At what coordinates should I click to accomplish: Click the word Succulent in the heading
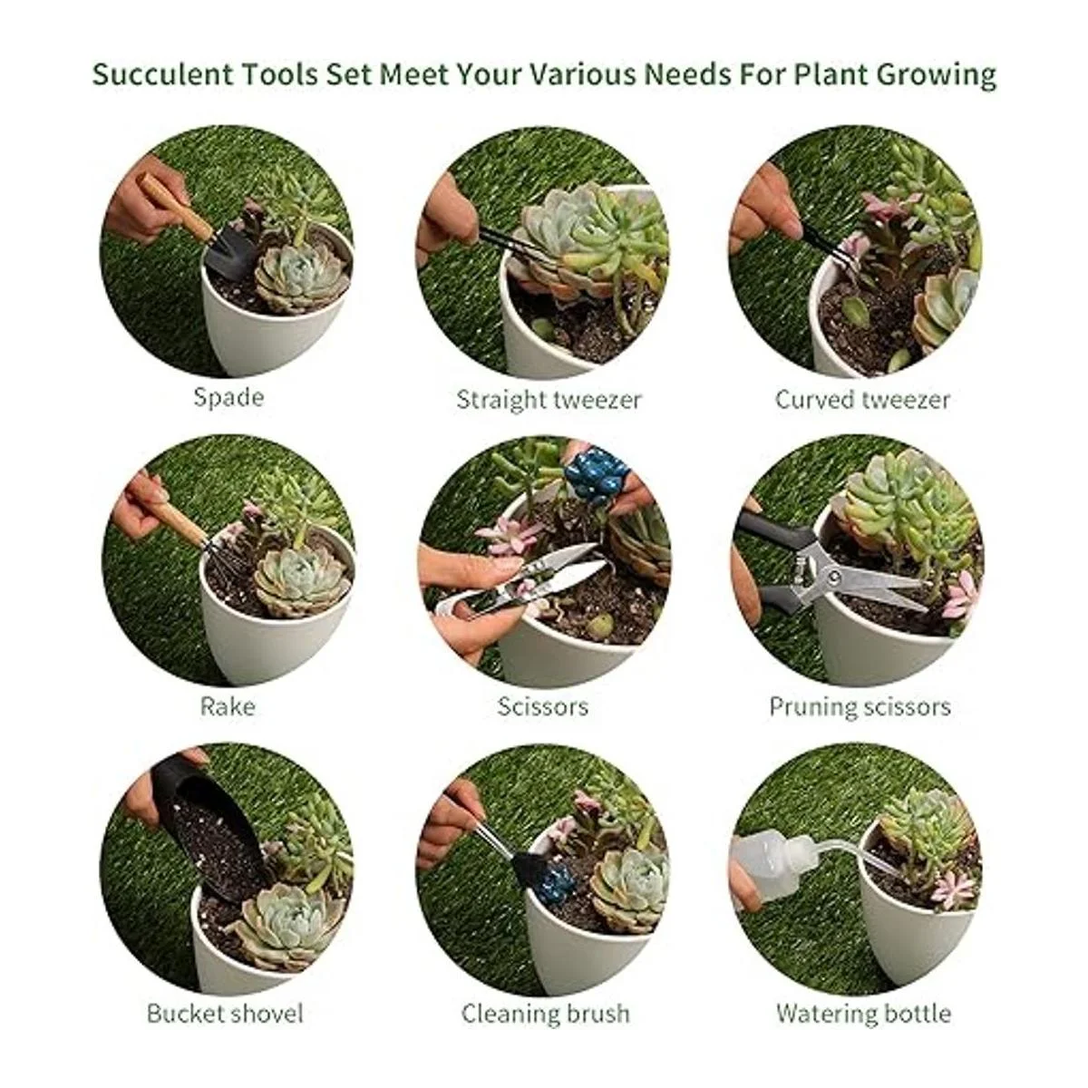coord(162,74)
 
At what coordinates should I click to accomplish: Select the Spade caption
coord(228,397)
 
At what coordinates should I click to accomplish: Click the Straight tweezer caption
coord(549,399)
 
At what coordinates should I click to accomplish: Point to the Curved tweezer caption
coord(862,399)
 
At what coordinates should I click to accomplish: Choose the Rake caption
coord(228,706)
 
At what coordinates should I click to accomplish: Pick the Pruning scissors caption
coord(860,707)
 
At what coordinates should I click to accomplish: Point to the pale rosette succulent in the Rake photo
coord(301,580)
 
